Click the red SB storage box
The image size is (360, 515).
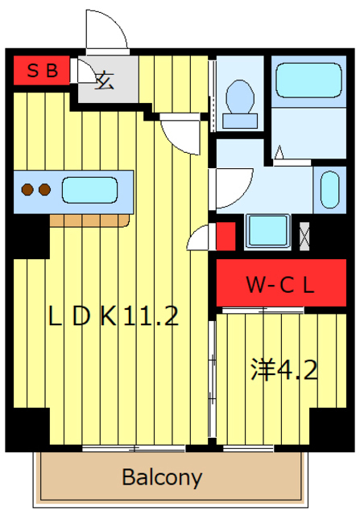41,70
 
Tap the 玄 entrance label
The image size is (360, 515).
105,80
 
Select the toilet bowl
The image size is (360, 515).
240,97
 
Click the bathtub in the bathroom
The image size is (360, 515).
308,80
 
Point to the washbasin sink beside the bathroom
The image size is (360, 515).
329,190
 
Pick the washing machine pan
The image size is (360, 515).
267,231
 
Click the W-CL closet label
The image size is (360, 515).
280,285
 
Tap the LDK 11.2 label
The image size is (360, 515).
114,316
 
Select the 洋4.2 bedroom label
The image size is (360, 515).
283,369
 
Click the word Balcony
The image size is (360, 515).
162,477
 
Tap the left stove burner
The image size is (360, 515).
27,190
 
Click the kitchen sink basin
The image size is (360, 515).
89,190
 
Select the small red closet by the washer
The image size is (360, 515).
226,236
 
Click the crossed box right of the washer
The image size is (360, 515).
304,236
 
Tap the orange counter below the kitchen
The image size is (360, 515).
89,220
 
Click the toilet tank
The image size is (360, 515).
240,121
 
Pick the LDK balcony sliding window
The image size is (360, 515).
134,448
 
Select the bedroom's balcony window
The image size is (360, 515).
249,448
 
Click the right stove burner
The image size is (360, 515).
44,190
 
